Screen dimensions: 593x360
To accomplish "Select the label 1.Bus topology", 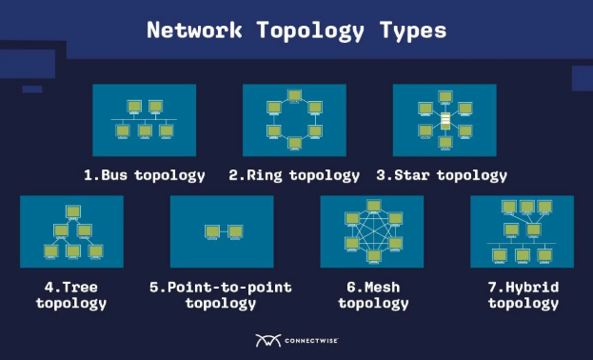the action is [x=144, y=175].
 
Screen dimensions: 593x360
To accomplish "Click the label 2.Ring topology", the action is [x=294, y=175].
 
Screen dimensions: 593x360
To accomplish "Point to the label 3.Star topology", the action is [x=442, y=175].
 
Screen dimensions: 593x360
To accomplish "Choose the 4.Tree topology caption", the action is [x=71, y=295].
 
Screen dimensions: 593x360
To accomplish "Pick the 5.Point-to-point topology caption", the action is [x=221, y=295].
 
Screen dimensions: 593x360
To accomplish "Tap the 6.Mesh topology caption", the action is [x=373, y=295].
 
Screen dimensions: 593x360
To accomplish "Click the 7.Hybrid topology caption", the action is [x=523, y=295].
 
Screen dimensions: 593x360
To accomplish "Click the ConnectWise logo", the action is [x=298, y=340].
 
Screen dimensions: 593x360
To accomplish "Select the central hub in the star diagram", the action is [x=445, y=120].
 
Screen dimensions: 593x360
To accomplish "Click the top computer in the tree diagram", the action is [x=72, y=211].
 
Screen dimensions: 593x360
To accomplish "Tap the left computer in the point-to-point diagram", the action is [x=211, y=231].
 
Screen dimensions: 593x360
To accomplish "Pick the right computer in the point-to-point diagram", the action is [x=234, y=231].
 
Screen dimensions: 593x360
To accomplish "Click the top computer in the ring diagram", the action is [x=295, y=95].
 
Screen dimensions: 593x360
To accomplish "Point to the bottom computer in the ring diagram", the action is [x=295, y=144].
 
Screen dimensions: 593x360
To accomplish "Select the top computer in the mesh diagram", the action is [x=373, y=206].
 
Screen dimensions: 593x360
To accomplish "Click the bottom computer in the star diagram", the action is [x=445, y=143].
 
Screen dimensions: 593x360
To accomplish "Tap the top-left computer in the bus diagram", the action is [x=134, y=106].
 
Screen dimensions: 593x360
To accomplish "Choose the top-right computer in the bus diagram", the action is [x=156, y=106].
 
